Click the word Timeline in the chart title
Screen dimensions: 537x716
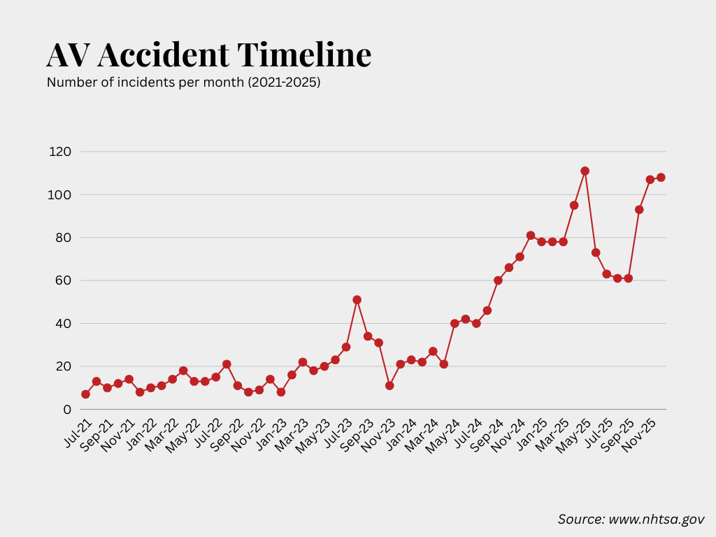(x=303, y=55)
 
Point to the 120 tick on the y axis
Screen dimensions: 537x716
(x=60, y=152)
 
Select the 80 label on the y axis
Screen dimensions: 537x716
(x=63, y=238)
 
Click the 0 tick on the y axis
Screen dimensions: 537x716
(x=68, y=410)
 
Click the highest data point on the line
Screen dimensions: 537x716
(x=585, y=171)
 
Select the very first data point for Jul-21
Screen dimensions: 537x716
(x=85, y=394)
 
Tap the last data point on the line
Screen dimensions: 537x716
(x=661, y=178)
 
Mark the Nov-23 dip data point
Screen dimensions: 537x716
(x=389, y=385)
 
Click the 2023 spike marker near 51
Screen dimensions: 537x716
(x=357, y=299)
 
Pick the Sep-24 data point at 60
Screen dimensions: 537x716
(x=498, y=280)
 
